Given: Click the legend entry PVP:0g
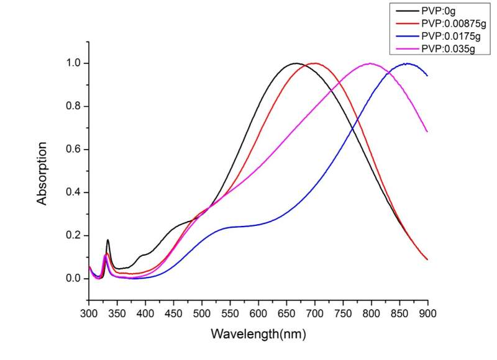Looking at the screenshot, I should click(439, 10).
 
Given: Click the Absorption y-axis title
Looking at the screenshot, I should click(42, 174).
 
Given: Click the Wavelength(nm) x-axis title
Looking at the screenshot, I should click(258, 334).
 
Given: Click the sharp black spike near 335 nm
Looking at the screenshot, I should click(108, 240).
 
